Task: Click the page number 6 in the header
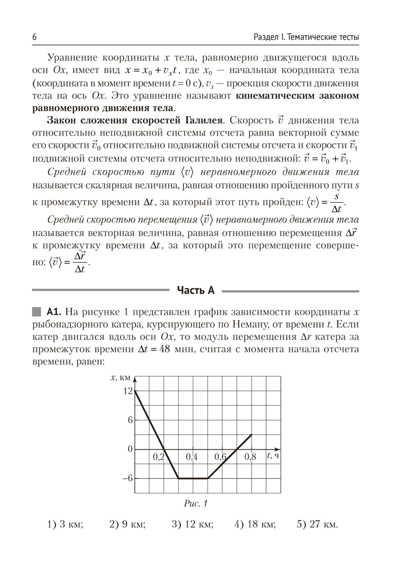click(35, 37)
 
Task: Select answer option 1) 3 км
click(65, 524)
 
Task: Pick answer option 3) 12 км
click(193, 524)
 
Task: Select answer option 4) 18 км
click(255, 524)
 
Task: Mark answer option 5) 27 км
click(317, 524)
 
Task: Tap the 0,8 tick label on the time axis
click(250, 457)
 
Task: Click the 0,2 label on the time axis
click(158, 457)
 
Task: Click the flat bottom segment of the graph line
click(193, 478)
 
